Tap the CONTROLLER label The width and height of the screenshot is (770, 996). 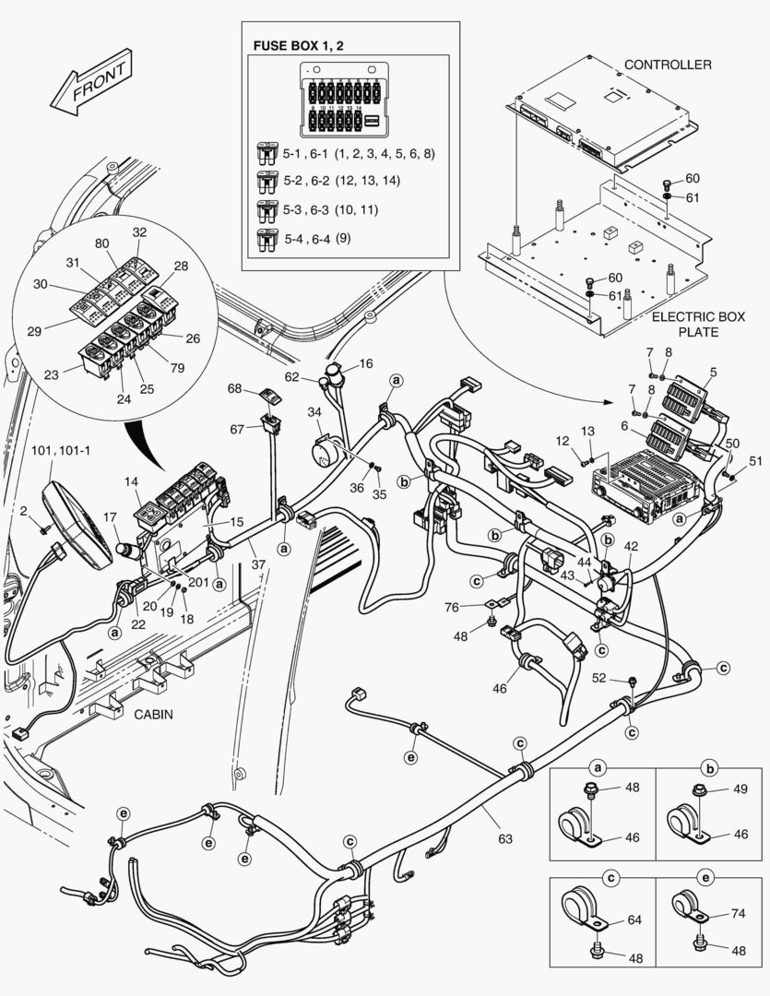tap(668, 65)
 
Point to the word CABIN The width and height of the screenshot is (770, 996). tap(155, 714)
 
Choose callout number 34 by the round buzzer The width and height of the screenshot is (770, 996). tap(314, 411)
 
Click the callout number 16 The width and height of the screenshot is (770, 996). tap(366, 364)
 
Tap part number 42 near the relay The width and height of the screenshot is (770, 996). tap(631, 547)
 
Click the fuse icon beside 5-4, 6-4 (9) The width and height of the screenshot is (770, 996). tap(267, 242)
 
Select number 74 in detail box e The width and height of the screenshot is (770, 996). tap(737, 912)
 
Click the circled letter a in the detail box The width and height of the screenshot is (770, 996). tap(598, 767)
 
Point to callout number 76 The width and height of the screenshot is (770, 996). tap(451, 606)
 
